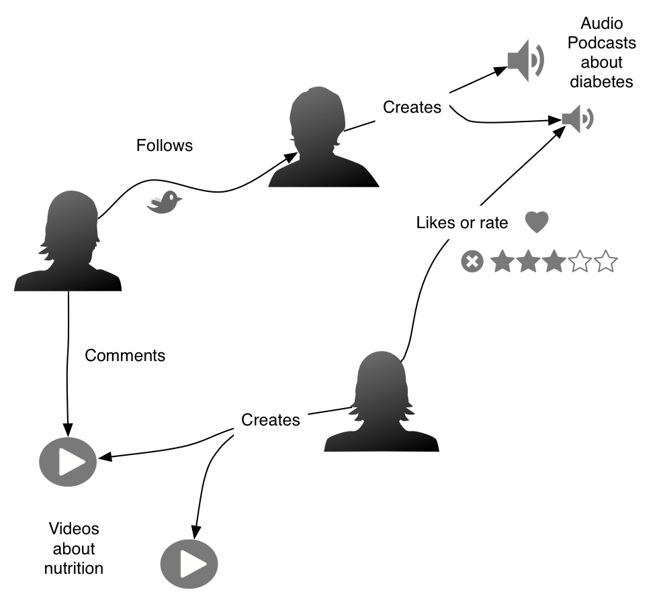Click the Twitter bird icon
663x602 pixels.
(x=165, y=202)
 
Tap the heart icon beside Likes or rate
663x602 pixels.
(x=537, y=222)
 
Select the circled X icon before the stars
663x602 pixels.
(x=472, y=262)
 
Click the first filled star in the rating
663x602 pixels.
(x=502, y=262)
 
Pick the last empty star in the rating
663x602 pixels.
(x=605, y=262)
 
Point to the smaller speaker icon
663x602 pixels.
(x=577, y=119)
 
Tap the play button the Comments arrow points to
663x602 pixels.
(x=68, y=462)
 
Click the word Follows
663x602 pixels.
(x=165, y=145)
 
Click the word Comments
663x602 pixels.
(x=125, y=356)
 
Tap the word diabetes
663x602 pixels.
(x=601, y=82)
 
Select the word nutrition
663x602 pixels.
(x=74, y=568)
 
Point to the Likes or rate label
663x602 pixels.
(x=462, y=223)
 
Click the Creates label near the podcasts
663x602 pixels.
(x=412, y=107)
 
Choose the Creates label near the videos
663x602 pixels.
(x=271, y=420)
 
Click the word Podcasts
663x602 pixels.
(x=602, y=43)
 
